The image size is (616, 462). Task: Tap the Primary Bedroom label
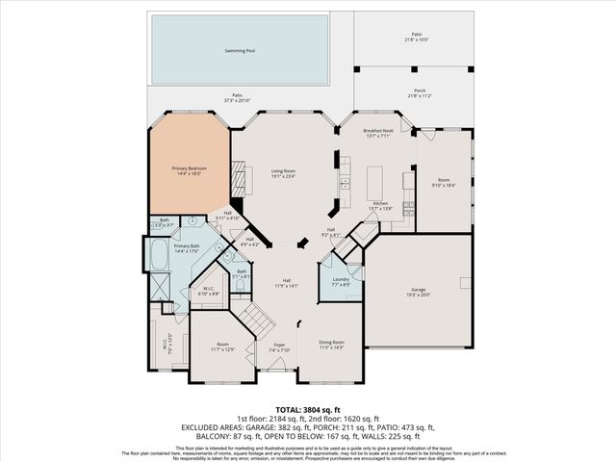point(189,168)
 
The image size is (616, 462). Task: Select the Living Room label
point(282,172)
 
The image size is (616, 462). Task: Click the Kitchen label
point(379,204)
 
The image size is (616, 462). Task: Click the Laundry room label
point(340,278)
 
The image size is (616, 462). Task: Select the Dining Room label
point(331,343)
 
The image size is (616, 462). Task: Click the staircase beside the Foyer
point(252,316)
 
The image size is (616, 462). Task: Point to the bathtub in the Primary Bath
point(156,257)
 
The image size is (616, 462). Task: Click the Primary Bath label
point(186,246)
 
